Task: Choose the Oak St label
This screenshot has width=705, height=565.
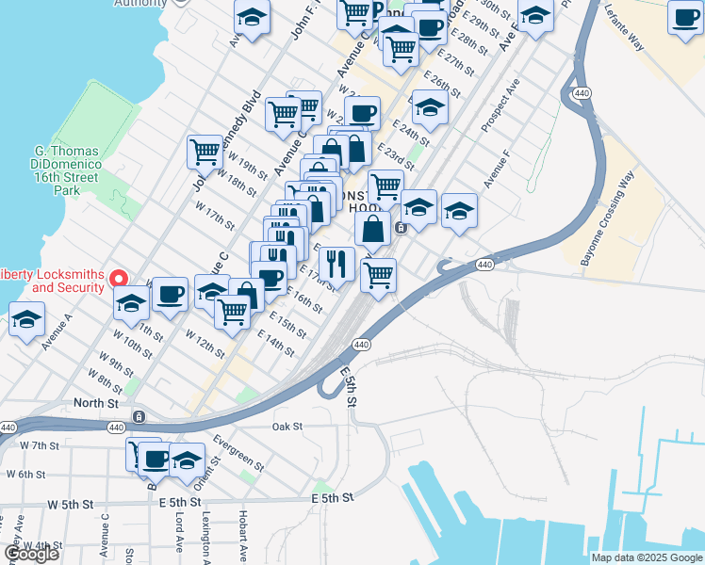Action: tap(287, 427)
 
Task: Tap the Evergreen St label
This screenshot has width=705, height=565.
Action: tap(238, 450)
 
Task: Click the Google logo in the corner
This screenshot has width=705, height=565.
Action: tap(31, 554)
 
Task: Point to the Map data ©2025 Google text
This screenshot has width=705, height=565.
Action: tap(646, 557)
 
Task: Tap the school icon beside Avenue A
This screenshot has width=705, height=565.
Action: tap(27, 319)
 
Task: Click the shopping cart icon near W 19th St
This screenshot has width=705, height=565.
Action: tap(204, 151)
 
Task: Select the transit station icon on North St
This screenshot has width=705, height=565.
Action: tap(139, 416)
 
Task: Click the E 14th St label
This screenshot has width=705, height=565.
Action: tap(275, 341)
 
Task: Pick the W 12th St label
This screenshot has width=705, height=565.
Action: tap(205, 344)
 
